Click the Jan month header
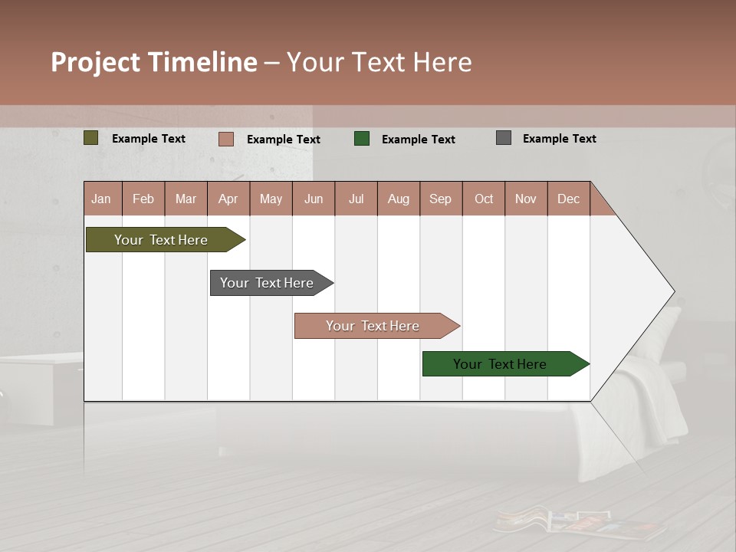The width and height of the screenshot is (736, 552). [x=102, y=199]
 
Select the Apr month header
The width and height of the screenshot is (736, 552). [x=228, y=199]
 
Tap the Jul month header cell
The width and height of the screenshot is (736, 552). [x=356, y=199]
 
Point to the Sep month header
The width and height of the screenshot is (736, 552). [x=441, y=199]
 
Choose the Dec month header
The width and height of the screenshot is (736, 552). [x=568, y=199]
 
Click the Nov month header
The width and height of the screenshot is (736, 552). [x=526, y=199]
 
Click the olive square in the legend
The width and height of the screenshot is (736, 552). [x=91, y=138]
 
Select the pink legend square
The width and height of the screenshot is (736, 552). [x=226, y=139]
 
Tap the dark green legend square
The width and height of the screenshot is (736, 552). [x=362, y=139]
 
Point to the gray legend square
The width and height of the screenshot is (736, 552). [x=504, y=138]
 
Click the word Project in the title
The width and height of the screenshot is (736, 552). [x=96, y=62]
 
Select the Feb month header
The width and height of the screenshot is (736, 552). [x=143, y=199]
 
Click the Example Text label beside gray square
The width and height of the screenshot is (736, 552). [x=559, y=139]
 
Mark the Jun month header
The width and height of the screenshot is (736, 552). [x=314, y=199]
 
